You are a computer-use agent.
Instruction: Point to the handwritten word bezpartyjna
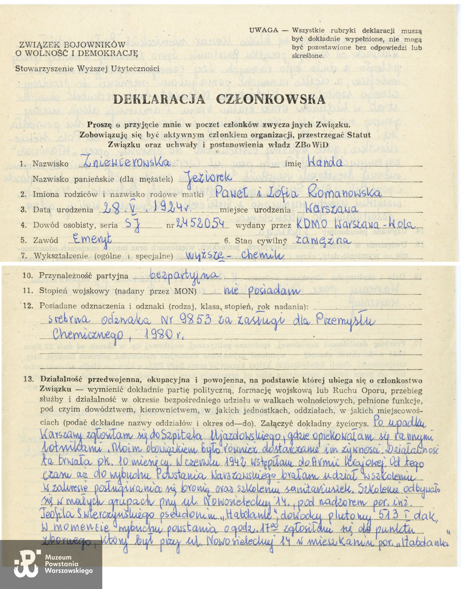(x=184, y=275)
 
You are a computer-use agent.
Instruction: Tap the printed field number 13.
(x=29, y=379)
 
